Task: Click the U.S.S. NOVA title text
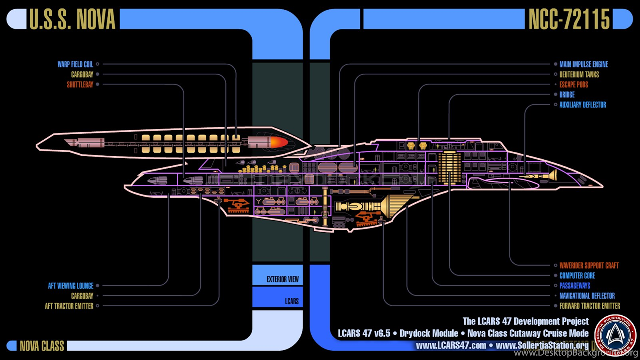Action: click(72, 19)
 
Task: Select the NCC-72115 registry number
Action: click(569, 19)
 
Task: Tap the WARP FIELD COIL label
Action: click(75, 64)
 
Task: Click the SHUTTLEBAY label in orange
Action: click(80, 85)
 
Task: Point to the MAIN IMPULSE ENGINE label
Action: click(583, 64)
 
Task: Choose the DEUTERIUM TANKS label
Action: click(579, 75)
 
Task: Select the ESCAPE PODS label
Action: click(573, 85)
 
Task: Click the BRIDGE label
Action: click(567, 95)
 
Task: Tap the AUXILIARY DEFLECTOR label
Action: click(582, 105)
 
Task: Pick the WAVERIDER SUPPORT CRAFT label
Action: click(589, 266)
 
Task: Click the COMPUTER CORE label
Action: click(577, 276)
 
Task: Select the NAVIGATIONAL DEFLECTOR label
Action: click(587, 296)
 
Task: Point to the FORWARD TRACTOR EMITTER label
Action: click(590, 306)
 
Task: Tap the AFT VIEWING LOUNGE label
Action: click(71, 286)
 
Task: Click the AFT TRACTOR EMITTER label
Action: click(69, 306)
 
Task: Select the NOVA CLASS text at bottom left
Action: click(42, 346)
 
